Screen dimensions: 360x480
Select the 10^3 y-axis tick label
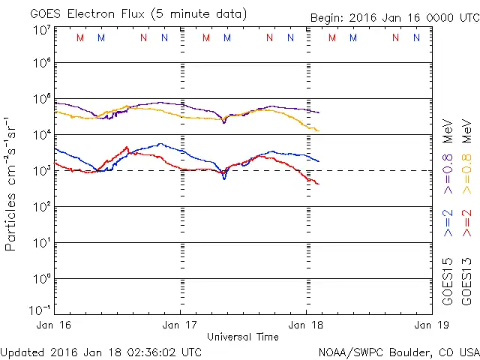pos(41,171)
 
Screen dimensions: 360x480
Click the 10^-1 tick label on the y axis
pos(40,310)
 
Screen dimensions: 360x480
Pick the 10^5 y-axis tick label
pos(41,99)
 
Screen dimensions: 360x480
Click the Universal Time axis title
pos(243,337)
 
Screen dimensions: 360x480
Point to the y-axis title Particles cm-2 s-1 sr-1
pos(12,183)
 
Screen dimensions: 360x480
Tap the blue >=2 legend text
pos(448,223)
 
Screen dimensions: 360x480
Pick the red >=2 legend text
pos(466,223)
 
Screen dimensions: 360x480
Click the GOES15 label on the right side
pos(448,280)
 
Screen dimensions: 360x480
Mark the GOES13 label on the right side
pos(466,280)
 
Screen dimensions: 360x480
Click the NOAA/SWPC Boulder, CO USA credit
pos(398,352)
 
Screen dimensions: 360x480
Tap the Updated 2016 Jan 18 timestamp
pos(101,352)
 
